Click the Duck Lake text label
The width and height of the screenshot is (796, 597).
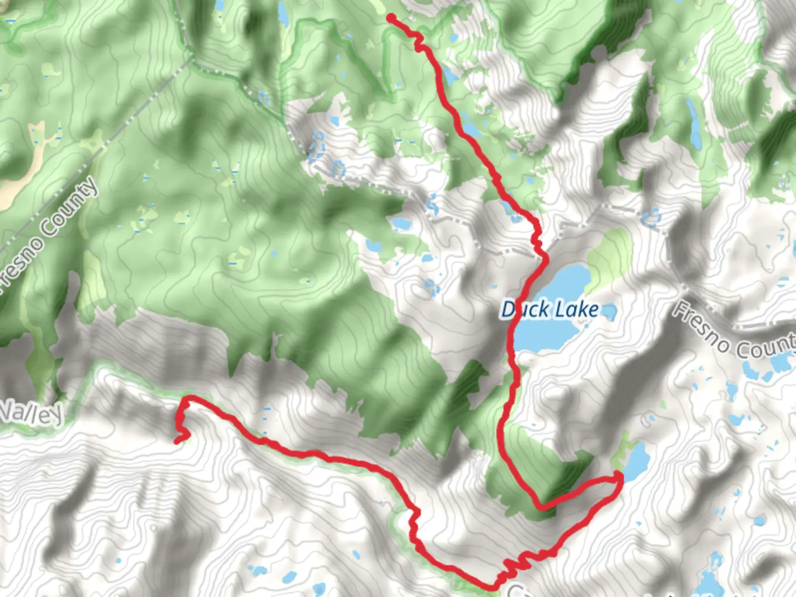549,309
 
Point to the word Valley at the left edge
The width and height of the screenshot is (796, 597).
30,412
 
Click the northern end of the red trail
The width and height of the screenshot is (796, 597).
391,18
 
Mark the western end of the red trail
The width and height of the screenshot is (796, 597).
177,441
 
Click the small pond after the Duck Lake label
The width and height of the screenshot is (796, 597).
609,312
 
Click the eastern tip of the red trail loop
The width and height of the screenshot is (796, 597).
620,477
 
